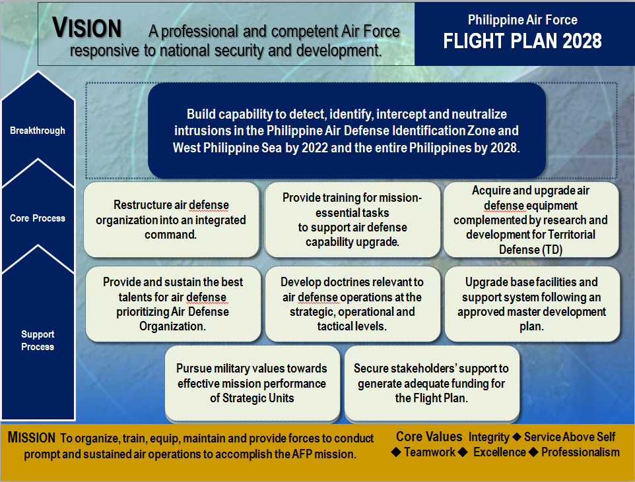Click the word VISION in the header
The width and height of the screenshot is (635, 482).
(x=86, y=28)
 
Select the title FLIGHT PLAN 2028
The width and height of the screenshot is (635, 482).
(x=522, y=41)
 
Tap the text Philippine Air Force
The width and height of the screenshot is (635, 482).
(x=522, y=20)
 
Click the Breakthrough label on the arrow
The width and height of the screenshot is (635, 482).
(x=38, y=131)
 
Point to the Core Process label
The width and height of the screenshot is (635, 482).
(x=38, y=218)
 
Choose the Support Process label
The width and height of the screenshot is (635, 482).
(x=38, y=340)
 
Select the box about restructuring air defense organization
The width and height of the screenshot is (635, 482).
(x=171, y=220)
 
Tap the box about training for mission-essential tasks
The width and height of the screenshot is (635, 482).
(x=352, y=220)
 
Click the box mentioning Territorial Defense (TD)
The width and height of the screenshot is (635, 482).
(x=531, y=220)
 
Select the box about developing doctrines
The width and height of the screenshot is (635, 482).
(x=352, y=304)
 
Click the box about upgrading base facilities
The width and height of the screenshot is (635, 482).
(x=531, y=304)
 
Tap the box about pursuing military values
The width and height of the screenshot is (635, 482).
(x=251, y=383)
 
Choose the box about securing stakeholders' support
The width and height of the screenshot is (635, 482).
(x=432, y=383)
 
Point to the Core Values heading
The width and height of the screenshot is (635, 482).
(x=429, y=437)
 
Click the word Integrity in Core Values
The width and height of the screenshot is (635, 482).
(x=489, y=437)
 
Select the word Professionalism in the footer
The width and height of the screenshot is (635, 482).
(x=580, y=452)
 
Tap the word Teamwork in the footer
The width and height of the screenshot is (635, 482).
(x=429, y=452)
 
